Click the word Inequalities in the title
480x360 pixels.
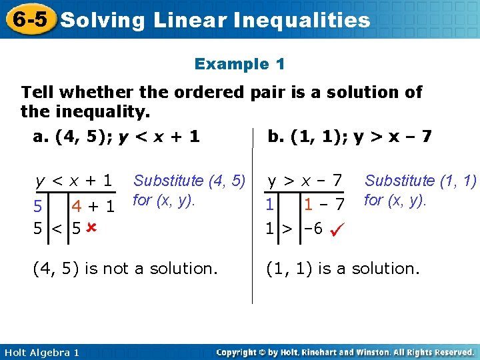(303, 20)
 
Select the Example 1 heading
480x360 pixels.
(239, 64)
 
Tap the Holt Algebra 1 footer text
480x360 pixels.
(41, 352)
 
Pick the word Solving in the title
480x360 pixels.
(103, 20)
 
